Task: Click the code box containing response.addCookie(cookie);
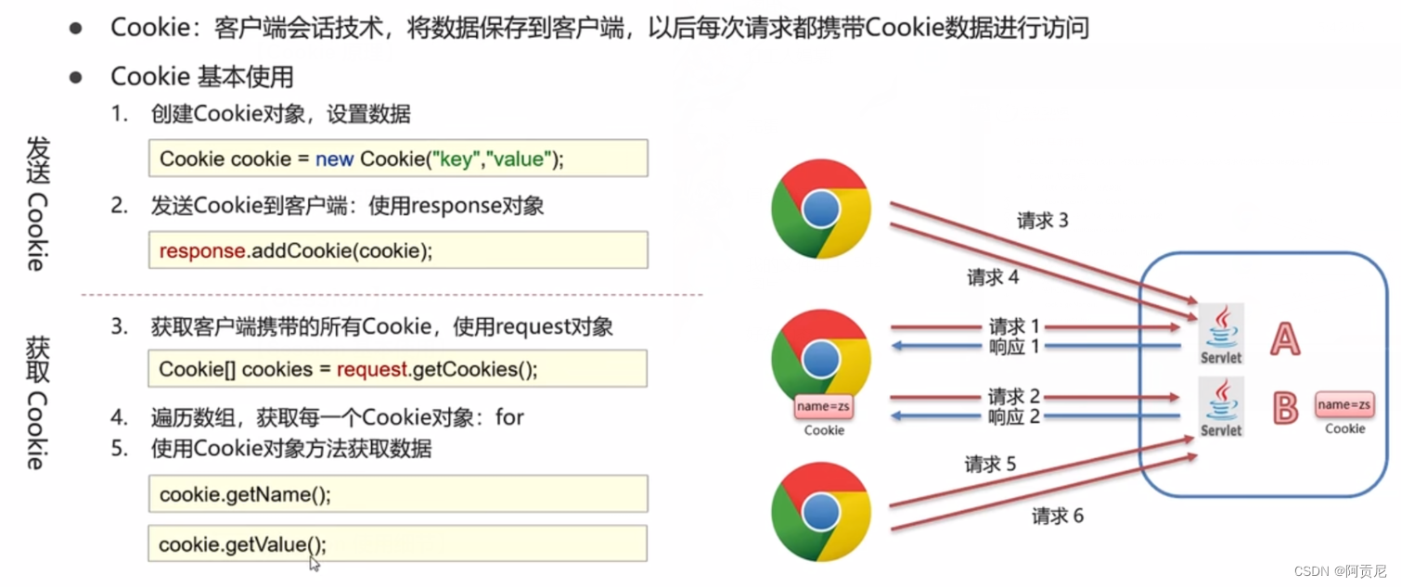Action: (x=398, y=250)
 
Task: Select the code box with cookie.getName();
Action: (x=398, y=494)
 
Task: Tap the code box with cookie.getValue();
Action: (x=398, y=544)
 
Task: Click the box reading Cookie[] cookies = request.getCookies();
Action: (x=398, y=369)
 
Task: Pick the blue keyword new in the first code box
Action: (x=334, y=159)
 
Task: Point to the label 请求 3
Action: (x=1043, y=221)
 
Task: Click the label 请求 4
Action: (x=993, y=276)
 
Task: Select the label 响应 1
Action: (x=1013, y=346)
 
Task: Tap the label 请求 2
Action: (x=1013, y=397)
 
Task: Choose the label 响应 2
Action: (x=1013, y=417)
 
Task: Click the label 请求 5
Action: (x=990, y=464)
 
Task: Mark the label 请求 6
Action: (x=1058, y=517)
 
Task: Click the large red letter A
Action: (x=1285, y=339)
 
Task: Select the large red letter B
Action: (x=1285, y=408)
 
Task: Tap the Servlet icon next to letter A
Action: (x=1221, y=334)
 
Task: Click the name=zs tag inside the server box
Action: (x=1344, y=405)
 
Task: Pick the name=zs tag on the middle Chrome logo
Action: (x=824, y=406)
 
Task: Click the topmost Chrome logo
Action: (x=821, y=211)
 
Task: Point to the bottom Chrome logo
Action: (x=821, y=510)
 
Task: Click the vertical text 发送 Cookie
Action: (x=35, y=204)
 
